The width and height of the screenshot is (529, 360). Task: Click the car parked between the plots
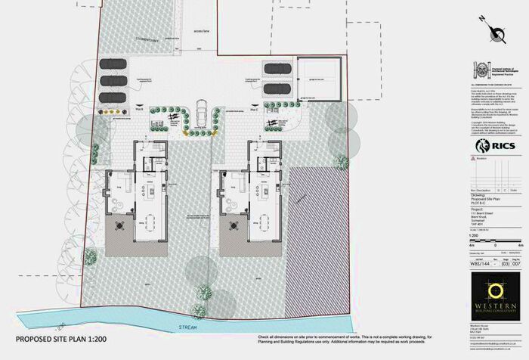202,116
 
